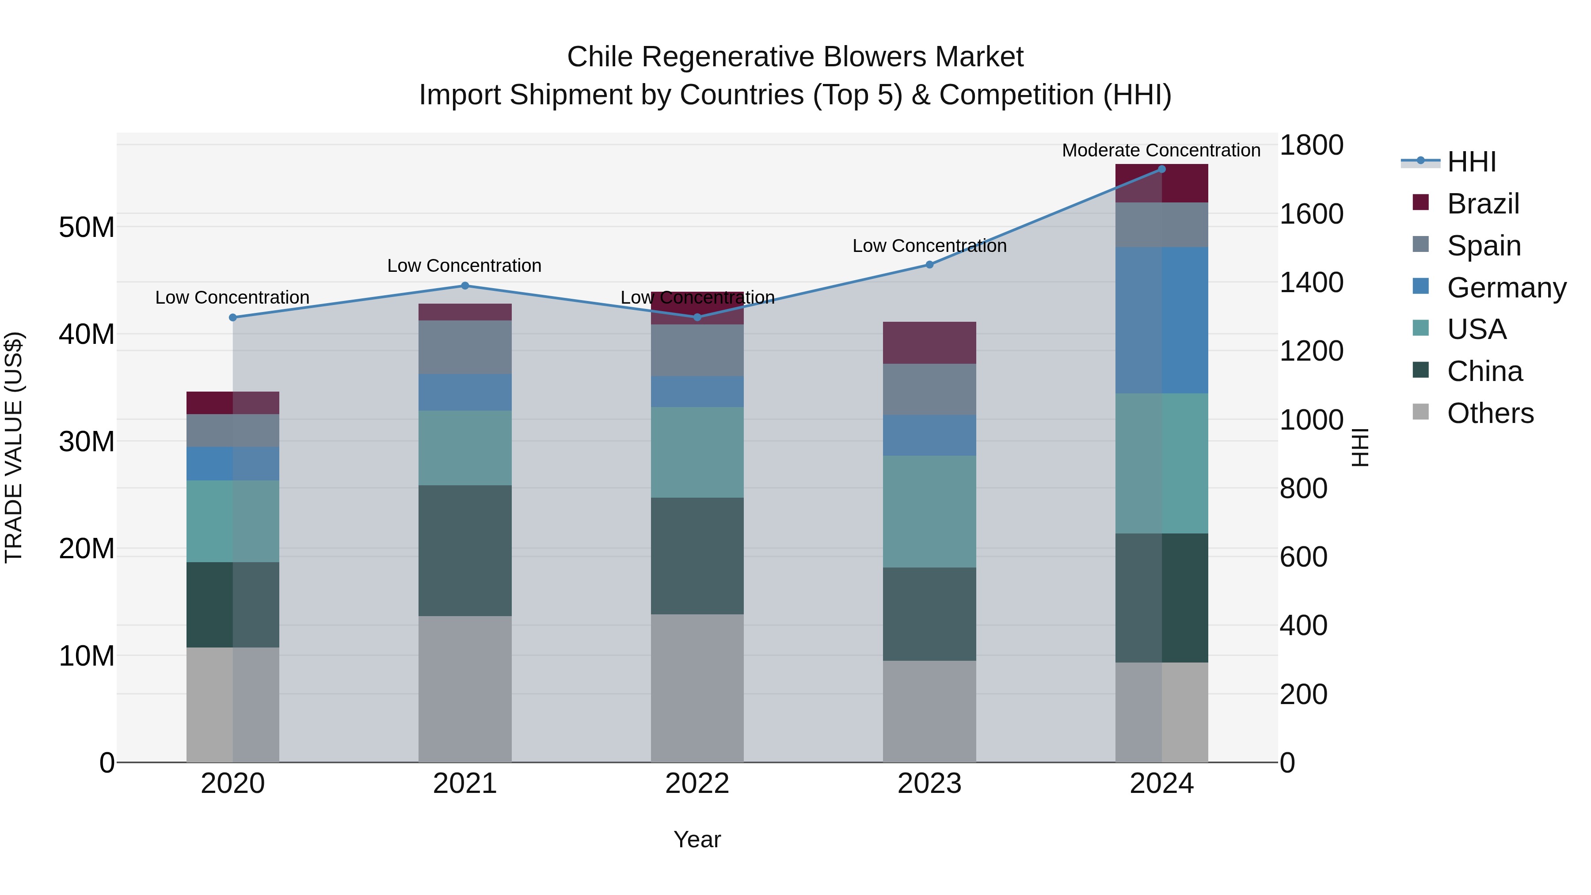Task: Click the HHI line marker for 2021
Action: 465,286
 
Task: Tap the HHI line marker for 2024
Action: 1161,169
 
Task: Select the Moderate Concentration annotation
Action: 1161,150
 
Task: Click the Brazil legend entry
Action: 1482,204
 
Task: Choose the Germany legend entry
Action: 1506,288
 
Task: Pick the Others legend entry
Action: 1490,413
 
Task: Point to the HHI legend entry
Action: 1471,162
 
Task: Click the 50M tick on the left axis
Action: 87,227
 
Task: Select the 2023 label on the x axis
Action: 929,784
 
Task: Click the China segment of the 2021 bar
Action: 465,550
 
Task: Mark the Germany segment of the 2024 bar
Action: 1161,320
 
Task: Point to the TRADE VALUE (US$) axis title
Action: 14,447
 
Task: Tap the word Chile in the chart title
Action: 599,57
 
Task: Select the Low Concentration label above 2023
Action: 929,246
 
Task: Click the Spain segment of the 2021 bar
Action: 465,347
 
